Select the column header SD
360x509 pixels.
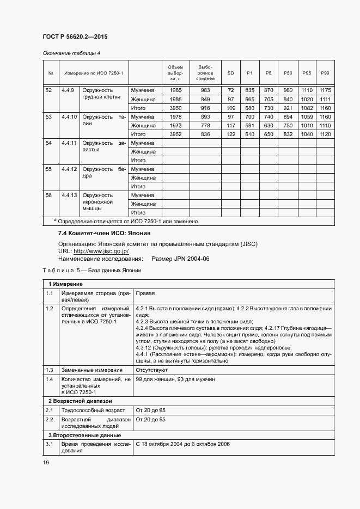[x=230, y=73]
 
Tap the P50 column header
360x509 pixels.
[x=288, y=73]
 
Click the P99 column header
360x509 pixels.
[x=325, y=73]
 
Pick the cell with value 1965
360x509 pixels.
[x=175, y=90]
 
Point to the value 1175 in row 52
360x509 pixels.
[x=325, y=90]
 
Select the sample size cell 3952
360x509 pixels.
[x=175, y=134]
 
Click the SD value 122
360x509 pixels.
[x=230, y=134]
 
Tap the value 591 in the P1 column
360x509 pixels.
[x=250, y=125]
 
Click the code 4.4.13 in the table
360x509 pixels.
[x=69, y=195]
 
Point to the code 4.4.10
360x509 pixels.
[x=69, y=116]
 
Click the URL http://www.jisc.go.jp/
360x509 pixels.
[x=101, y=252]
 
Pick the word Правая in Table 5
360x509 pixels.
[x=145, y=293]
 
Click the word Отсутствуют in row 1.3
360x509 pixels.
[x=151, y=370]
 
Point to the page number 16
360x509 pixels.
[x=46, y=462]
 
